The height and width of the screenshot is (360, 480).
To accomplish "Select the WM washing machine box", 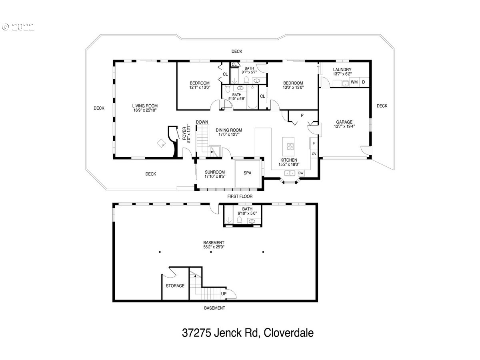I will coord(354,82).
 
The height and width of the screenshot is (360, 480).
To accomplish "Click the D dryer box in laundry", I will coord(364,82).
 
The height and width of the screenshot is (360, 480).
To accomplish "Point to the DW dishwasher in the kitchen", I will coord(301,173).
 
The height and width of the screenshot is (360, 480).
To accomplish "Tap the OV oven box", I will coord(314,154).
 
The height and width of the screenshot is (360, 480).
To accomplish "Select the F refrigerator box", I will coord(314,143).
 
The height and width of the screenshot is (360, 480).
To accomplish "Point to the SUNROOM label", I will coord(215,172).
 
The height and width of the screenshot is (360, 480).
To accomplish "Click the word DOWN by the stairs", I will coord(202,122).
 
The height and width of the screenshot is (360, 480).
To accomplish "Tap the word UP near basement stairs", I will coord(224,294).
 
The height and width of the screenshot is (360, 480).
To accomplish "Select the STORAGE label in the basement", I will coord(175,286).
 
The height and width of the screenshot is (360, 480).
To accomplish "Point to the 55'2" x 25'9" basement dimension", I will coord(214,247).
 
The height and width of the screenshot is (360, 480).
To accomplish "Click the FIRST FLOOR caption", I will coord(240,196).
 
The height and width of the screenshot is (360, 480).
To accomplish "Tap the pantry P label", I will coord(302,115).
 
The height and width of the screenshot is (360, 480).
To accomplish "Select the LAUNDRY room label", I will coord(342,70).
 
